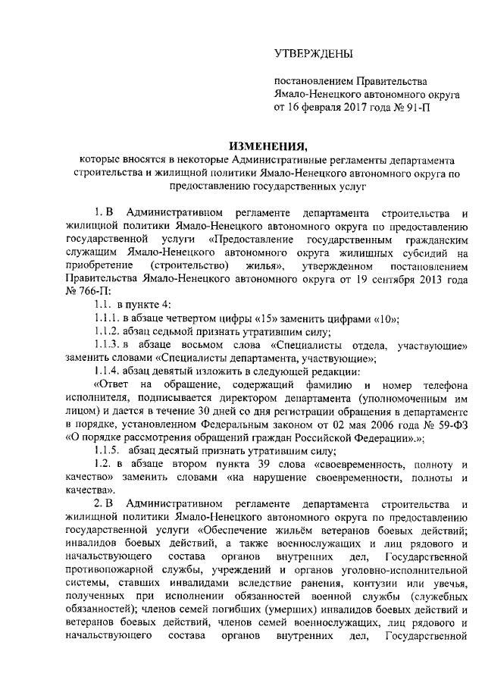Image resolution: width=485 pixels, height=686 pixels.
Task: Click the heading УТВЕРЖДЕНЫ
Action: click(313, 53)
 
